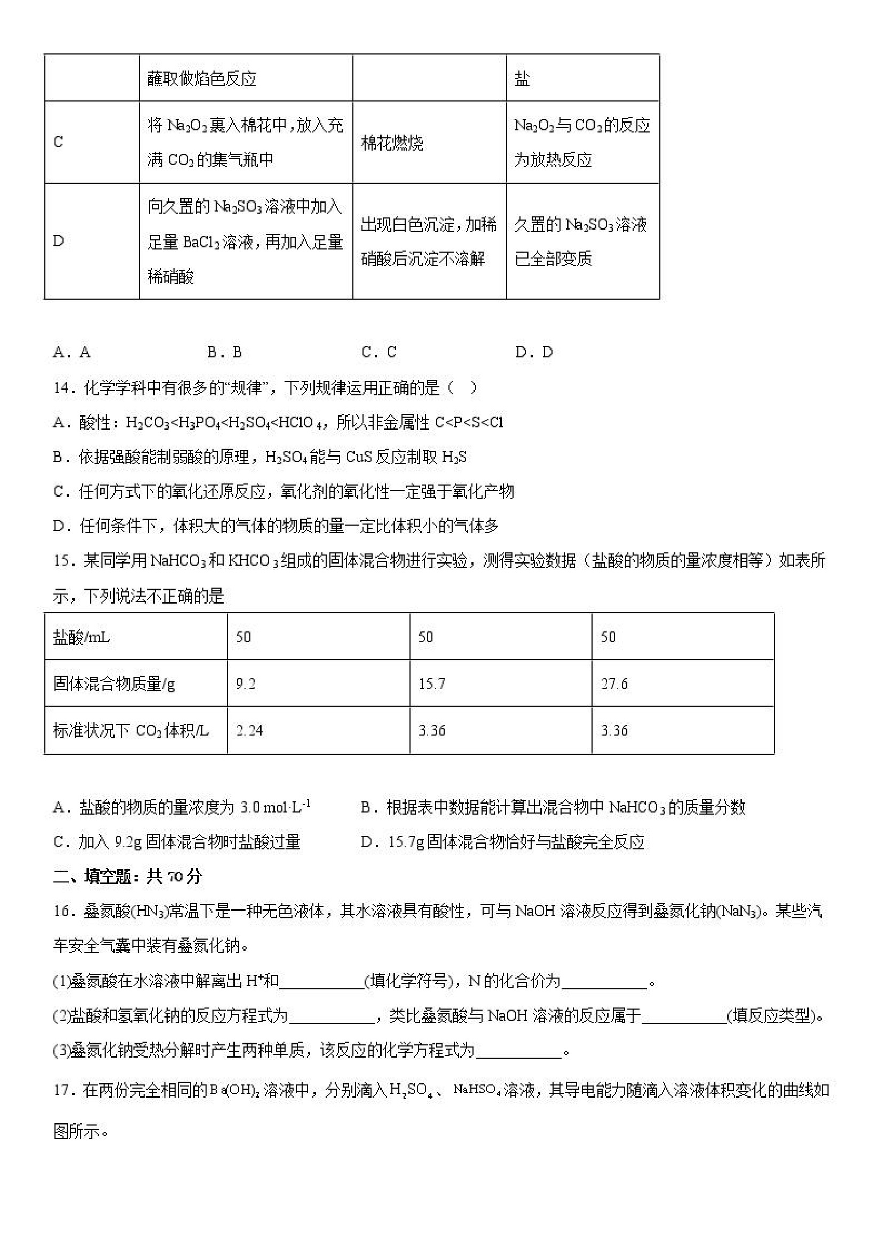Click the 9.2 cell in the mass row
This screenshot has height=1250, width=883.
246,684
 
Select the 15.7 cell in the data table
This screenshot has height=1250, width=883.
431,684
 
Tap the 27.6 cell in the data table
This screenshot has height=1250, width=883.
614,684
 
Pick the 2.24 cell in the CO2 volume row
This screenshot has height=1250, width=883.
249,731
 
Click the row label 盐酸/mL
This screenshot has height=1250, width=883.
82,637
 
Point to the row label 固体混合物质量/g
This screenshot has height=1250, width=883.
114,684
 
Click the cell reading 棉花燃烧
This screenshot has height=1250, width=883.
392,143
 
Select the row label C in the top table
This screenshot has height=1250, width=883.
58,143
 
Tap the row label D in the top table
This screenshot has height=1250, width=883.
58,241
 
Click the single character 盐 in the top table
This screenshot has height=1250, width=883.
522,79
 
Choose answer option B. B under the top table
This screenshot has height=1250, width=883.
225,353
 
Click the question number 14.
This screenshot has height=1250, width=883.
63,388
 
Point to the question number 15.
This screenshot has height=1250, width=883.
63,561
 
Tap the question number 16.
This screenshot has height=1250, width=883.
63,911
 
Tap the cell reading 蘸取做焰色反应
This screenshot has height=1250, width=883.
202,79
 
